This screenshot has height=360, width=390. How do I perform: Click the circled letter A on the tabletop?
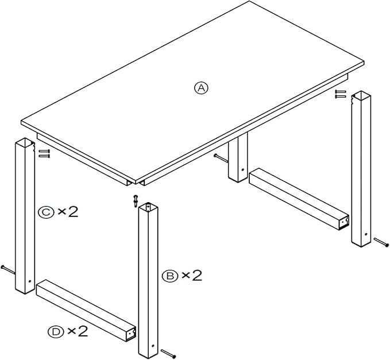click(x=201, y=88)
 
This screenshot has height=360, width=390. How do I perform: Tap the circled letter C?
click(x=46, y=212)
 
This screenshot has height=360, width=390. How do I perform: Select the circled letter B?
click(x=170, y=276)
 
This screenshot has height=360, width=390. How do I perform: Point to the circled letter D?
click(x=56, y=332)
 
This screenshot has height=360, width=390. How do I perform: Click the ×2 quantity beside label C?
click(x=68, y=212)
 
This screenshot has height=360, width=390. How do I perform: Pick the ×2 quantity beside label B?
click(x=192, y=276)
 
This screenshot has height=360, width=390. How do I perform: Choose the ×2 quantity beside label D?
click(x=78, y=331)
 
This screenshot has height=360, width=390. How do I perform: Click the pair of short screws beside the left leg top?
click(x=44, y=153)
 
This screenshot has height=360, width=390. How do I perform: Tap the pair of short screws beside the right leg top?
click(x=341, y=94)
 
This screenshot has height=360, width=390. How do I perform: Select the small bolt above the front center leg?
click(x=136, y=200)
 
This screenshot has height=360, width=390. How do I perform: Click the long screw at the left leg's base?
click(x=8, y=269)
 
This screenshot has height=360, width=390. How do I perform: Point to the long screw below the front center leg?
click(x=168, y=354)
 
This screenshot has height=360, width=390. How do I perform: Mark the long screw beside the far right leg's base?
click(x=381, y=242)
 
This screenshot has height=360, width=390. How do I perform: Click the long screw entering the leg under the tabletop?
click(x=221, y=158)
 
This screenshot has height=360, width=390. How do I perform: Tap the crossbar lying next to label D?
click(x=86, y=310)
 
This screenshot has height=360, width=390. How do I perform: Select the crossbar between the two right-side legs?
click(x=299, y=199)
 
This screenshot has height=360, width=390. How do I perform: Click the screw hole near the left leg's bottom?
click(x=30, y=281)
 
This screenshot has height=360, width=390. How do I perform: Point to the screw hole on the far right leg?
click(x=366, y=234)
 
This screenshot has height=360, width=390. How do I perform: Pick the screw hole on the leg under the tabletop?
click(x=243, y=170)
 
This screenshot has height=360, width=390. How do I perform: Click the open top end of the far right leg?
click(x=361, y=95)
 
